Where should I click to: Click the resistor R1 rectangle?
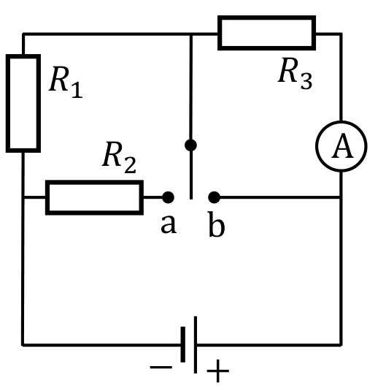7,104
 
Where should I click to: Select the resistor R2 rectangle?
94,182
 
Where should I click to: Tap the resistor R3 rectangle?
266,18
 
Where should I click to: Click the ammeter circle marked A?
318,146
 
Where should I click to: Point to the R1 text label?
66,82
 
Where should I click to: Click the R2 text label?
119,157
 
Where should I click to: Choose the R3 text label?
295,74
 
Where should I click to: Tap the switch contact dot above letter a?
168,197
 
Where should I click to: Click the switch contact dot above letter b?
214,197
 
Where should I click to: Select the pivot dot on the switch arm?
190,145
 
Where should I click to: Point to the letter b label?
217,224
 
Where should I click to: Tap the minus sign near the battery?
161,368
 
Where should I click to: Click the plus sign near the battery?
217,370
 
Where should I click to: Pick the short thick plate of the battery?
183,344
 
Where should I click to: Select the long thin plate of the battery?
196,344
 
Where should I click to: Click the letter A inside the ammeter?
342,145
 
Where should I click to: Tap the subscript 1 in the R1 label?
77,90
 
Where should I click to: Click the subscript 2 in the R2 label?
130,165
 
